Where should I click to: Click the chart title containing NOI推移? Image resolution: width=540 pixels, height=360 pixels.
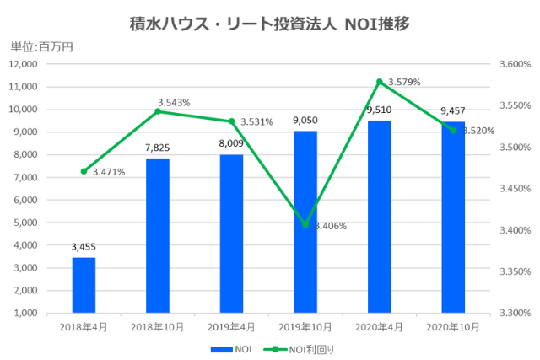click(270, 23)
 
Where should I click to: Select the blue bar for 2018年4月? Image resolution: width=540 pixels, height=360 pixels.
click(84, 284)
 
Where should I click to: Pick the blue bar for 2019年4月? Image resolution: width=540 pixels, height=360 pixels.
click(231, 233)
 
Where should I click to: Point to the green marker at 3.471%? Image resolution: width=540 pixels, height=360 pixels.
click(84, 171)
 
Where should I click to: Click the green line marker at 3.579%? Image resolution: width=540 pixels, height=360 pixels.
click(380, 81)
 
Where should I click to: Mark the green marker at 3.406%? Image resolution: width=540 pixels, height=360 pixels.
click(305, 225)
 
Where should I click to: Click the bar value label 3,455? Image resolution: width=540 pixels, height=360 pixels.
click(84, 248)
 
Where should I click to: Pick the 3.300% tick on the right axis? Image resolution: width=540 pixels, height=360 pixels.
click(513, 313)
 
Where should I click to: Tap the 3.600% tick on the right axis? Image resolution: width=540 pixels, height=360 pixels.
click(513, 64)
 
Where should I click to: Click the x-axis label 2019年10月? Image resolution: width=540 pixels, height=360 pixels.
click(305, 325)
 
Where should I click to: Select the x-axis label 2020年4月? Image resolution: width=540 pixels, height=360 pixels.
click(379, 325)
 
